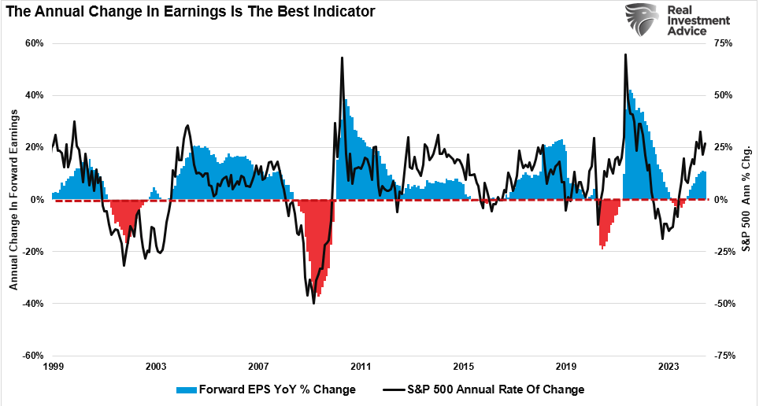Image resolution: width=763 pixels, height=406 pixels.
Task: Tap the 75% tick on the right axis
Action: tap(724, 43)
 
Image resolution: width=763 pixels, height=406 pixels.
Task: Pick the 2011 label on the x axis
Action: tap(361, 367)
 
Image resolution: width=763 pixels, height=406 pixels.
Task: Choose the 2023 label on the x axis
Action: tap(669, 367)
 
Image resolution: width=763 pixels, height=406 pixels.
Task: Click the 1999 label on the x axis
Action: tap(53, 367)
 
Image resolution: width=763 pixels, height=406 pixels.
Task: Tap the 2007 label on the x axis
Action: tap(258, 367)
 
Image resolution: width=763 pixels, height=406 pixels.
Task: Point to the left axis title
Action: tap(13, 200)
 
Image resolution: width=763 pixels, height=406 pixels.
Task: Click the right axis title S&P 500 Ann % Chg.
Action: tap(748, 200)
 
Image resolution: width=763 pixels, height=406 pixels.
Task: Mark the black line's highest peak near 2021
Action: tap(625, 54)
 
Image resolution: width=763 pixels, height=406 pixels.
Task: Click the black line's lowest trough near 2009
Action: tap(313, 303)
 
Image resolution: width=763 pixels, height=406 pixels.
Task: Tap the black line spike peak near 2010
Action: tap(342, 57)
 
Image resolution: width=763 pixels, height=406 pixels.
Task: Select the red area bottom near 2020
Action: tap(602, 249)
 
